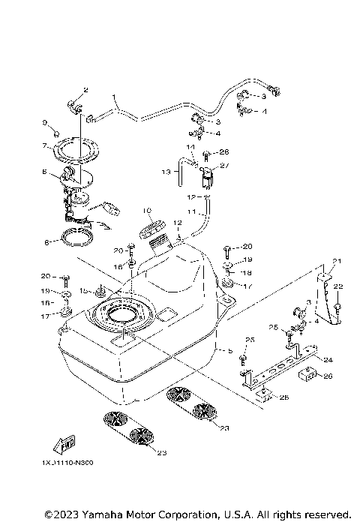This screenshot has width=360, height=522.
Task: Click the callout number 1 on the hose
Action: point(115,97)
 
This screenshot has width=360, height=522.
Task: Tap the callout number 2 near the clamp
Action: point(85,90)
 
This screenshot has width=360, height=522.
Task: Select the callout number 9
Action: point(46,121)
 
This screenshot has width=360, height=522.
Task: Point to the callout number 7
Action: point(45,145)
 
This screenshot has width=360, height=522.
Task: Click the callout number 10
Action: point(147,211)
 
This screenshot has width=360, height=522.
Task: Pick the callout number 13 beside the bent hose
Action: point(166,172)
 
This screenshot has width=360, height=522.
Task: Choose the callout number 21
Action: point(337,261)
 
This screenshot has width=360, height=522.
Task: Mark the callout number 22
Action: point(338,286)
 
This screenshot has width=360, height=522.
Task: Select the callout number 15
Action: point(82,289)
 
